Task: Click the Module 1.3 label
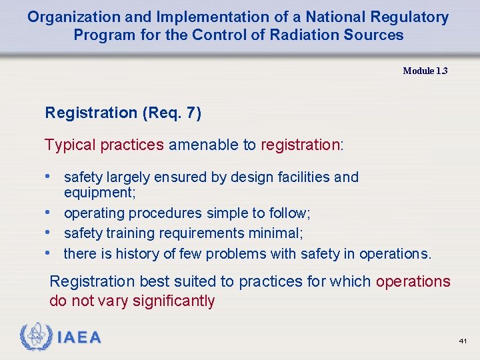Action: tap(425, 71)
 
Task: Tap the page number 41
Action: tap(463, 341)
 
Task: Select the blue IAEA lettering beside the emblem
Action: tap(79, 338)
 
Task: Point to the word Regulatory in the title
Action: tap(408, 17)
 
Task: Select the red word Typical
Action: tap(70, 145)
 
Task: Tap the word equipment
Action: tap(98, 192)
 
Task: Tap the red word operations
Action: tap(413, 281)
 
